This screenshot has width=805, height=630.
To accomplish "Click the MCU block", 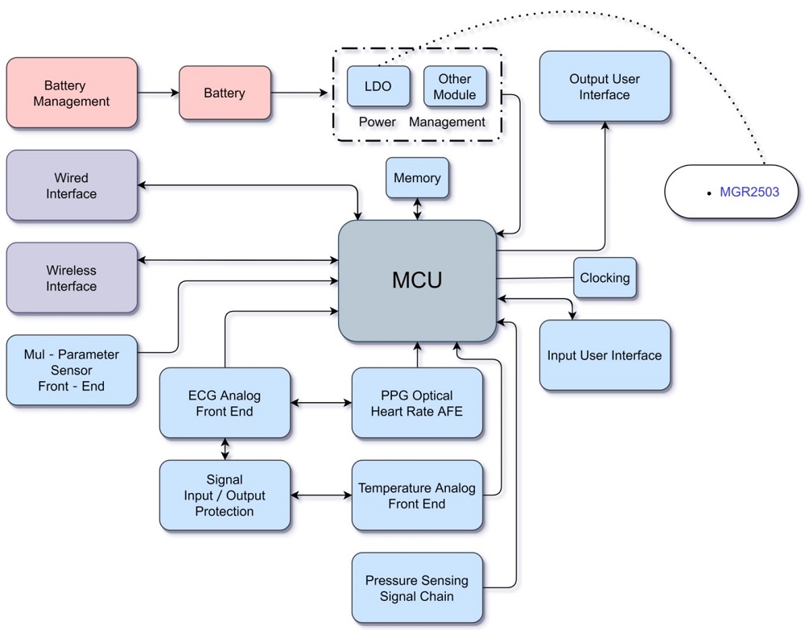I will (x=417, y=280).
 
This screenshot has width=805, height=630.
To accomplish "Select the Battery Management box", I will (x=72, y=93).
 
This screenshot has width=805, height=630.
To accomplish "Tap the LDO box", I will (x=378, y=86).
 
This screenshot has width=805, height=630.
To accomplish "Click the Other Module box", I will (x=455, y=86).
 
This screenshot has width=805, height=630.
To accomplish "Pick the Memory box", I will (x=417, y=178).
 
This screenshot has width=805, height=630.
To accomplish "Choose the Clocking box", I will (x=605, y=278).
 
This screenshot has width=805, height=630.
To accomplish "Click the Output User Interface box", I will (x=605, y=86).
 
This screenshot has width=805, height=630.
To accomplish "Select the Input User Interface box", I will (x=605, y=355).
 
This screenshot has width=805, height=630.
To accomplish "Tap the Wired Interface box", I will (x=72, y=185).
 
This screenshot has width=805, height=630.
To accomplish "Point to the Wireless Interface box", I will (x=72, y=278).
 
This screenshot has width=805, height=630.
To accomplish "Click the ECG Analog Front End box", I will (x=225, y=403).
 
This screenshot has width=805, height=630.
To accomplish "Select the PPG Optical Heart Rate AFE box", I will (x=417, y=403).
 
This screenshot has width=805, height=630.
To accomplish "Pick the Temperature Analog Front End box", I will (x=417, y=495).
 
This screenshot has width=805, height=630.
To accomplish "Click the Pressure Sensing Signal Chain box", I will (x=417, y=588).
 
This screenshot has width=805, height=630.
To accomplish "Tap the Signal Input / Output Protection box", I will (x=225, y=495).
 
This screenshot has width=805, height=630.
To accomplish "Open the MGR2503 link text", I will (x=749, y=192).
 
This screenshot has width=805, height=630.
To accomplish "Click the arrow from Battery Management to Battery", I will (x=158, y=93).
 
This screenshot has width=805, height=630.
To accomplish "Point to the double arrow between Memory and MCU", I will (x=417, y=209).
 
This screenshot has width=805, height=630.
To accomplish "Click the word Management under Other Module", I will (x=448, y=122).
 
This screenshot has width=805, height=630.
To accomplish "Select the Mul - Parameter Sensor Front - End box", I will (x=72, y=371).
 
